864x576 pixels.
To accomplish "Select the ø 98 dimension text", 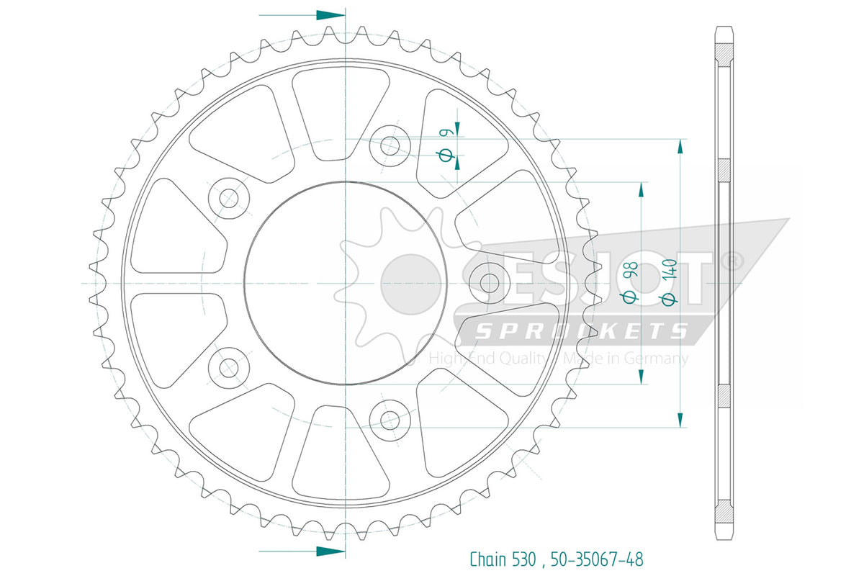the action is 629,282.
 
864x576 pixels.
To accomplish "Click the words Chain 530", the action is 503,559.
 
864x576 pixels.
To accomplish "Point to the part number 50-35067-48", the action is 597,559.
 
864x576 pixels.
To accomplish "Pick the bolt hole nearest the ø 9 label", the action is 390,146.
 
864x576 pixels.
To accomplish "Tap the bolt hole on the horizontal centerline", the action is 490,283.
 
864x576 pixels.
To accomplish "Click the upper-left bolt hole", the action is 229,198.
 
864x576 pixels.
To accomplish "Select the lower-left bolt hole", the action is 229,367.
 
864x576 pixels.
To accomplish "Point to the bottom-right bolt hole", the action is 390,420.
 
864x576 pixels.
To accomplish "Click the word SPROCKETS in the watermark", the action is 582,331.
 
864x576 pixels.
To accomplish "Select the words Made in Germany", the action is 626,359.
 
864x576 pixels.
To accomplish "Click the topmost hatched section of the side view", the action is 724,55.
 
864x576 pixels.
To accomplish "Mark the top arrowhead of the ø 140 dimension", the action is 680,147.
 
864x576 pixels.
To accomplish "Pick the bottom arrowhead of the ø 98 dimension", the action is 641,377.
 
